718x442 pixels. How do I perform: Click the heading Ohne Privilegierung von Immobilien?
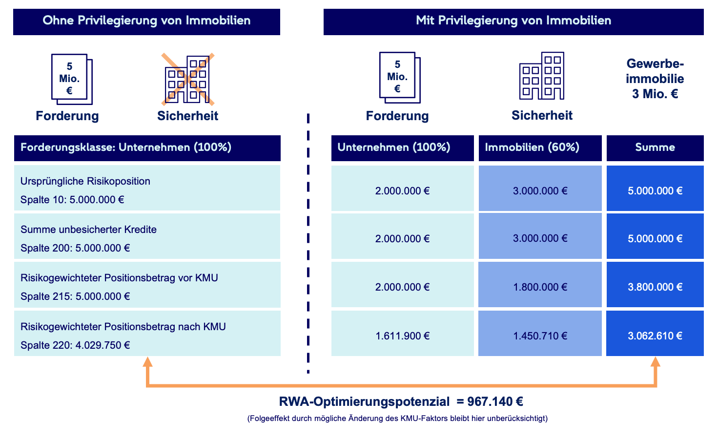point(146,21)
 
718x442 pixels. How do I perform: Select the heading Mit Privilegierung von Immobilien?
point(513,21)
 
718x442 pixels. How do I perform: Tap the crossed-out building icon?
point(188,79)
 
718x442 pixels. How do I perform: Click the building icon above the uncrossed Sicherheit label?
point(542,76)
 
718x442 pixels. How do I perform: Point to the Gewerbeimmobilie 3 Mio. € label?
point(655,79)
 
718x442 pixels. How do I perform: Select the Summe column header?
point(655,147)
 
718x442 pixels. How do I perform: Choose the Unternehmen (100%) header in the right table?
point(394,147)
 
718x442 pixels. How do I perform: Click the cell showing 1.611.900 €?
point(402,336)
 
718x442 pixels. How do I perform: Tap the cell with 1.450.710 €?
point(540,336)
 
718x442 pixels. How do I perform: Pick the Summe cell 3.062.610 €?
point(655,336)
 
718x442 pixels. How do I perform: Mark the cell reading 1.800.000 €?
point(540,287)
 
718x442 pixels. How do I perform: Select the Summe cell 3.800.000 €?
point(655,287)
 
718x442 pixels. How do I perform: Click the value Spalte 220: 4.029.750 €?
point(75,345)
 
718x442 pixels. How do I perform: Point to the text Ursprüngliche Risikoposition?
point(85,181)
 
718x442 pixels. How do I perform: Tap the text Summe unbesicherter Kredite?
point(88,230)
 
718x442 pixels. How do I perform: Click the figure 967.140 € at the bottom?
point(495,402)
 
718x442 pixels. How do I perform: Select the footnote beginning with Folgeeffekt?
point(397,419)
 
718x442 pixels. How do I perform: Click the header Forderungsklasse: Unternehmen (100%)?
point(126,147)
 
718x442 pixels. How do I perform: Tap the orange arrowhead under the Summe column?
point(656,362)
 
